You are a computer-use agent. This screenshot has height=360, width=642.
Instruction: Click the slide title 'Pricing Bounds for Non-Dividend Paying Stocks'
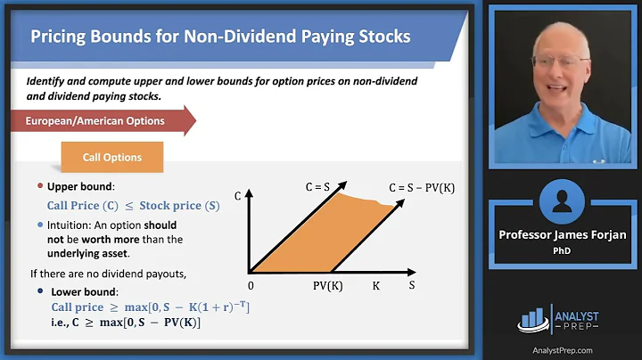220,37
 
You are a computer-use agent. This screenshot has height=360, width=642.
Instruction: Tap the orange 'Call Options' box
112,157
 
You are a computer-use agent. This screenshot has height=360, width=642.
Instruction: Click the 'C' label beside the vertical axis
236,193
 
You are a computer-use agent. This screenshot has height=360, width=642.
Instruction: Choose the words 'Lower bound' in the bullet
81,291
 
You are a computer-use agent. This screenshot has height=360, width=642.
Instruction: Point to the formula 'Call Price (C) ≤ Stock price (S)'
133,206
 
